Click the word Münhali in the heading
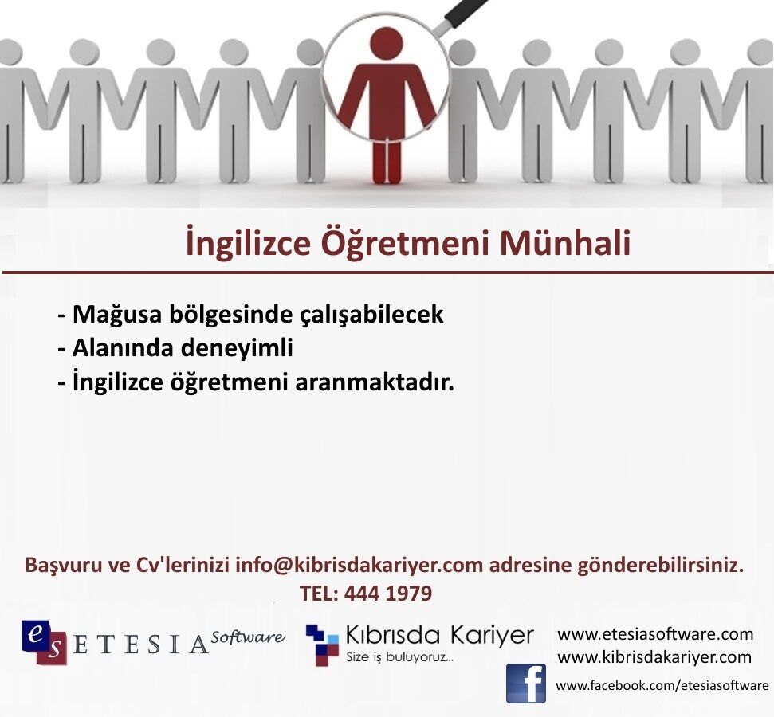(565, 243)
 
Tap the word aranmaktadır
(374, 382)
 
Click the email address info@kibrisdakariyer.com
(359, 565)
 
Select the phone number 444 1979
(388, 594)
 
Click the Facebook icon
(526, 684)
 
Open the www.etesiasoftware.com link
(655, 633)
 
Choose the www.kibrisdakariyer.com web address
(654, 657)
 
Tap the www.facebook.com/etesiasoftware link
(662, 685)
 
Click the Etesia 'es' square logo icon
(44, 642)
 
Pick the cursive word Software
(248, 637)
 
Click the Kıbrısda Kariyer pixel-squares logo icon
(322, 645)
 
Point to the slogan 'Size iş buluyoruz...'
(399, 657)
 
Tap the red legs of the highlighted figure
(387, 163)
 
